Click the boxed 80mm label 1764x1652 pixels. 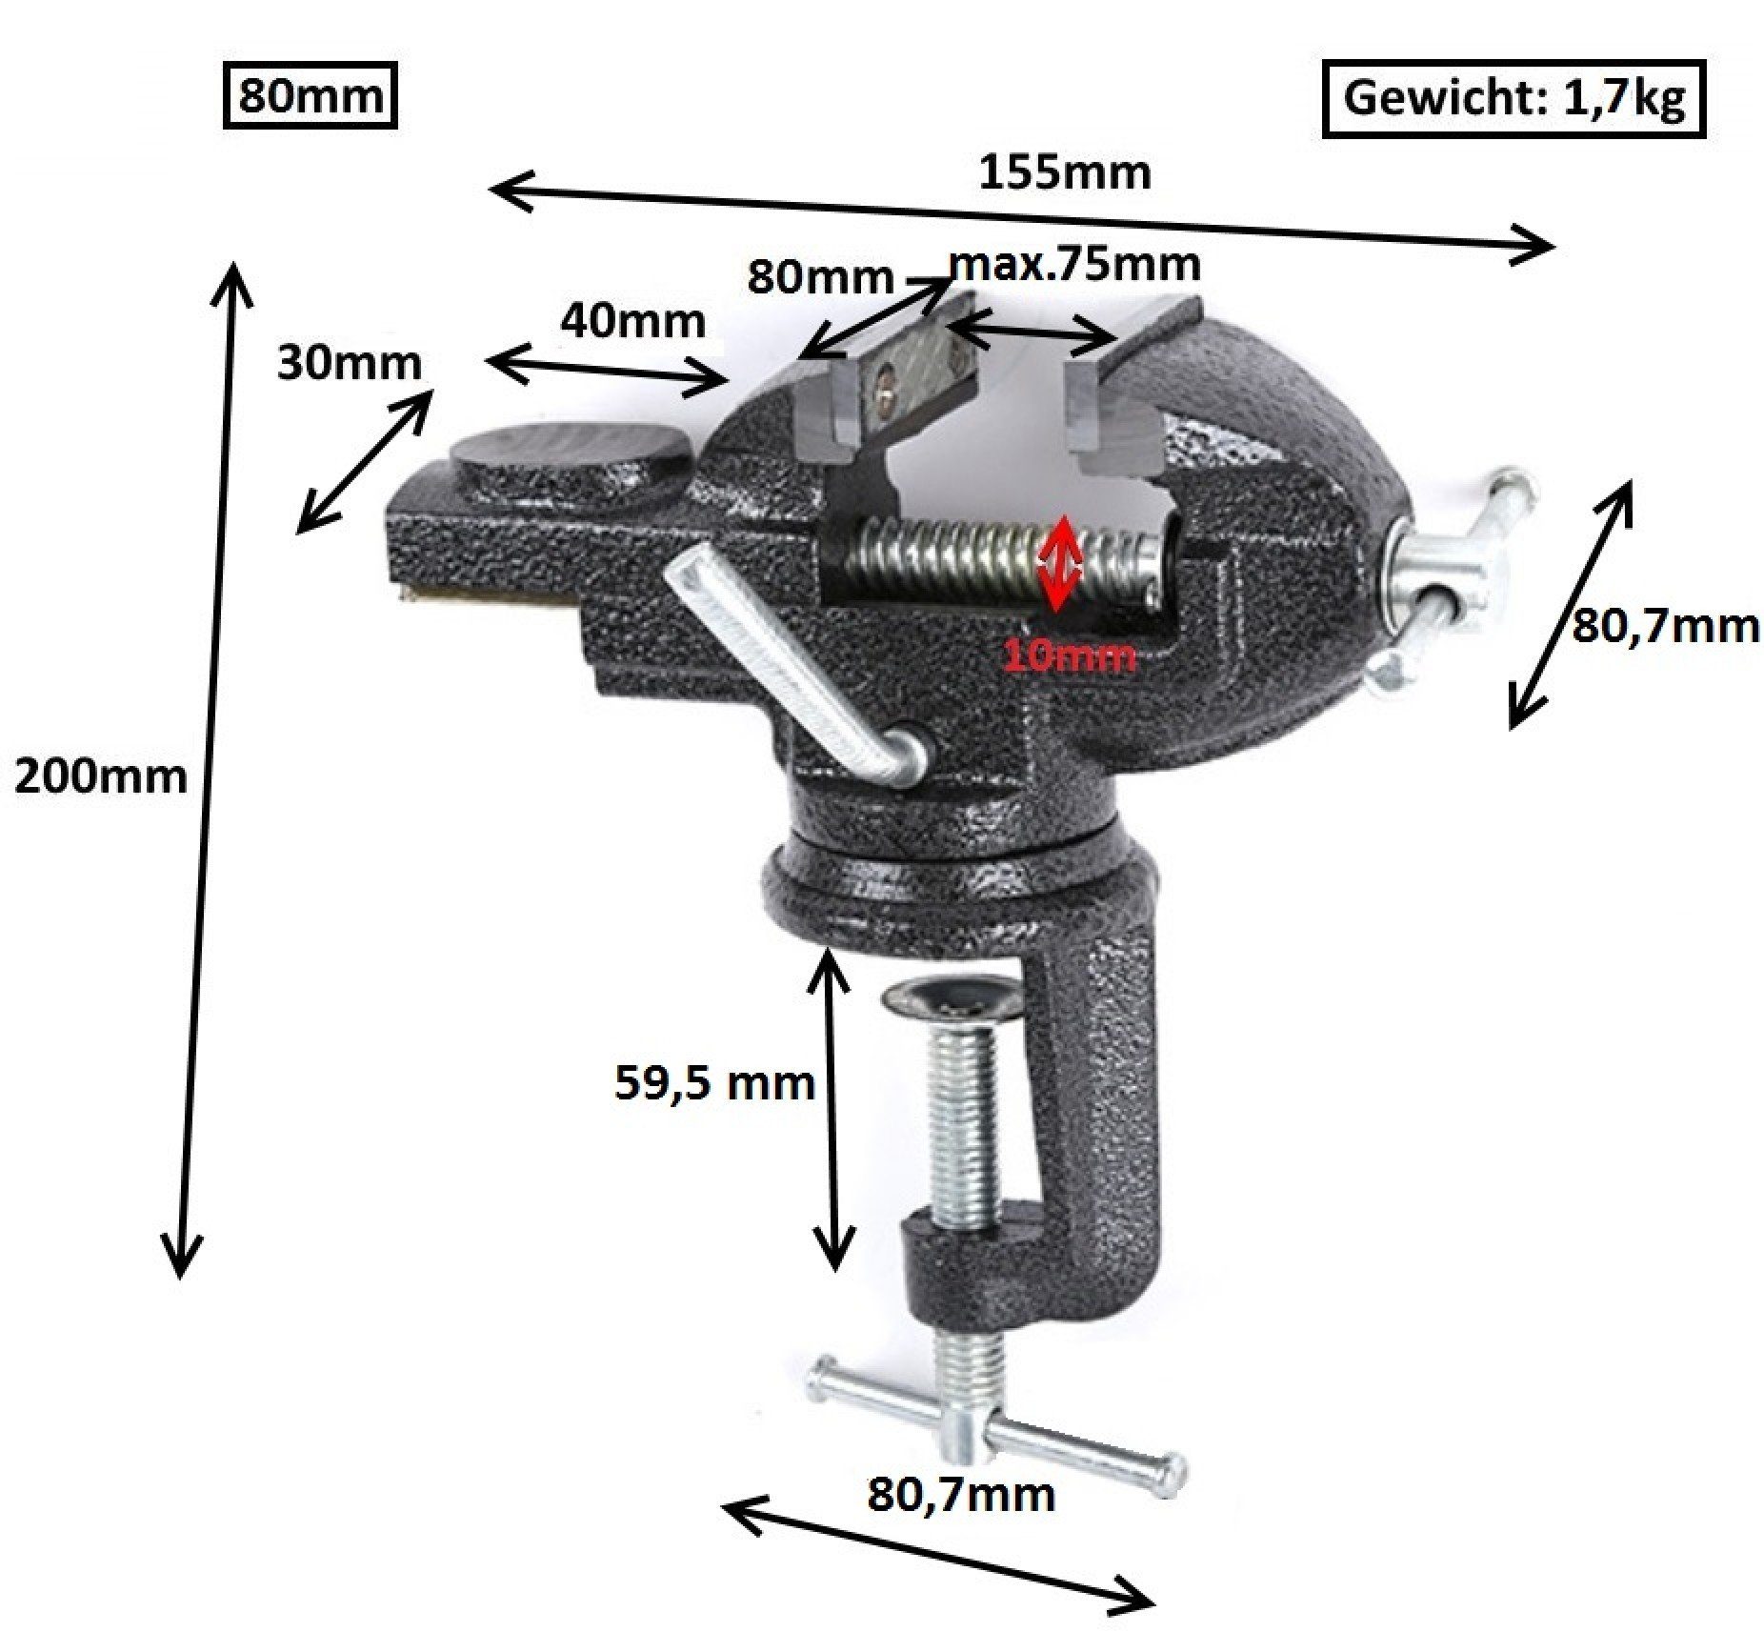(310, 96)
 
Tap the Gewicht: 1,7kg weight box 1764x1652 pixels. (1513, 98)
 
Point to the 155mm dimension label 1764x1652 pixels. (1066, 172)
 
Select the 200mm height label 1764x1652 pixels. (101, 777)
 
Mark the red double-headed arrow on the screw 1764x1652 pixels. (1059, 564)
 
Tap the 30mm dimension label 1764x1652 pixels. (349, 363)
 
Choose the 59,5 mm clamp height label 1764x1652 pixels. (714, 1083)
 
